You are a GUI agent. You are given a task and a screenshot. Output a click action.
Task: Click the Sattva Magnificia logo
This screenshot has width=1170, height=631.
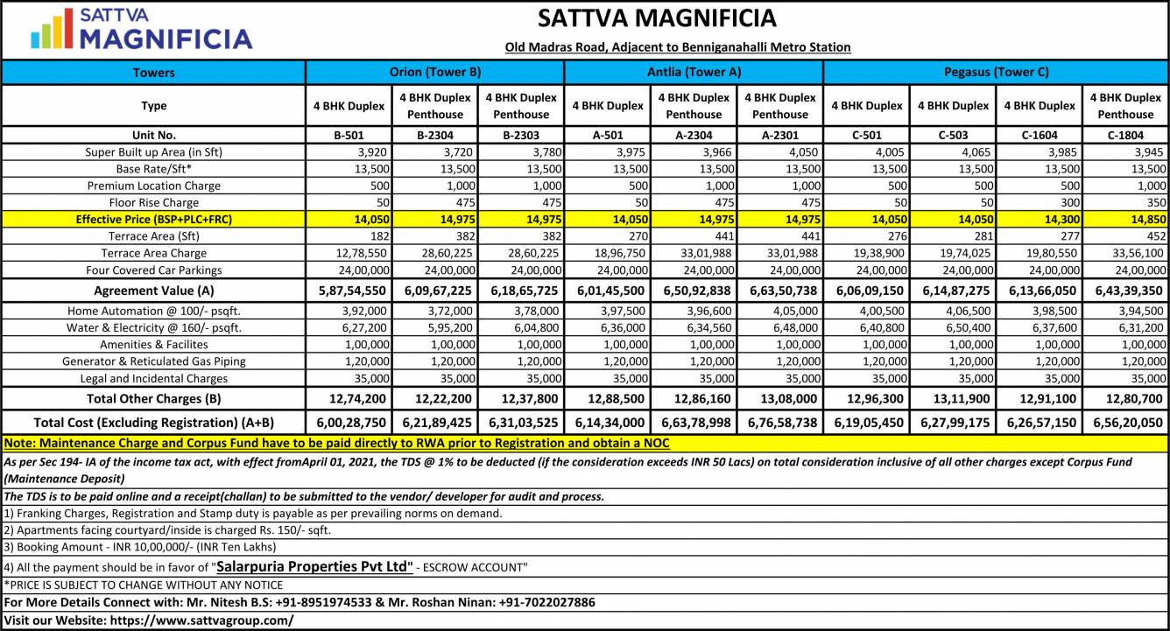pos(141,29)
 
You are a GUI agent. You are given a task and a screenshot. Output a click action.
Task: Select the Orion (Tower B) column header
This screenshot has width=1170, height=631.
pos(434,72)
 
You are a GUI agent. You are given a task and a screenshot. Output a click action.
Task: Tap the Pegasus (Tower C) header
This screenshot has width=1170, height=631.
pos(996,72)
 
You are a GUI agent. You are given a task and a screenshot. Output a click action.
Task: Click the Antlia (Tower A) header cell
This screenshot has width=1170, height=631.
pos(694,72)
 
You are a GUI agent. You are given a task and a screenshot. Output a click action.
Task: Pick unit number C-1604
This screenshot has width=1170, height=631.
pos(1040,136)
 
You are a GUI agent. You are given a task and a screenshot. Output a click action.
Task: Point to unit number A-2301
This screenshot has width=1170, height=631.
pos(779,136)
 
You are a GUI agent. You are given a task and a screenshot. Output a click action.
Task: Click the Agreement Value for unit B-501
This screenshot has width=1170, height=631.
pos(349,291)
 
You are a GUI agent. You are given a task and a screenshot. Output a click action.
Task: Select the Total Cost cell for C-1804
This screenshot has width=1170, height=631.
pos(1126,421)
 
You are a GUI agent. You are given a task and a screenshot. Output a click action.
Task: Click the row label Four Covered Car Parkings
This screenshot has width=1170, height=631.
pos(153,270)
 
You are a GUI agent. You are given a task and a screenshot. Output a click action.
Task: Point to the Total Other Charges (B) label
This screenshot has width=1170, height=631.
pos(153,398)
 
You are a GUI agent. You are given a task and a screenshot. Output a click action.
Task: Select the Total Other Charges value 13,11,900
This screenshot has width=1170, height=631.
pos(954,398)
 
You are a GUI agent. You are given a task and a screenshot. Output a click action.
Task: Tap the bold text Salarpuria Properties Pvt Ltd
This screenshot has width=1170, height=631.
pos(314,566)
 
